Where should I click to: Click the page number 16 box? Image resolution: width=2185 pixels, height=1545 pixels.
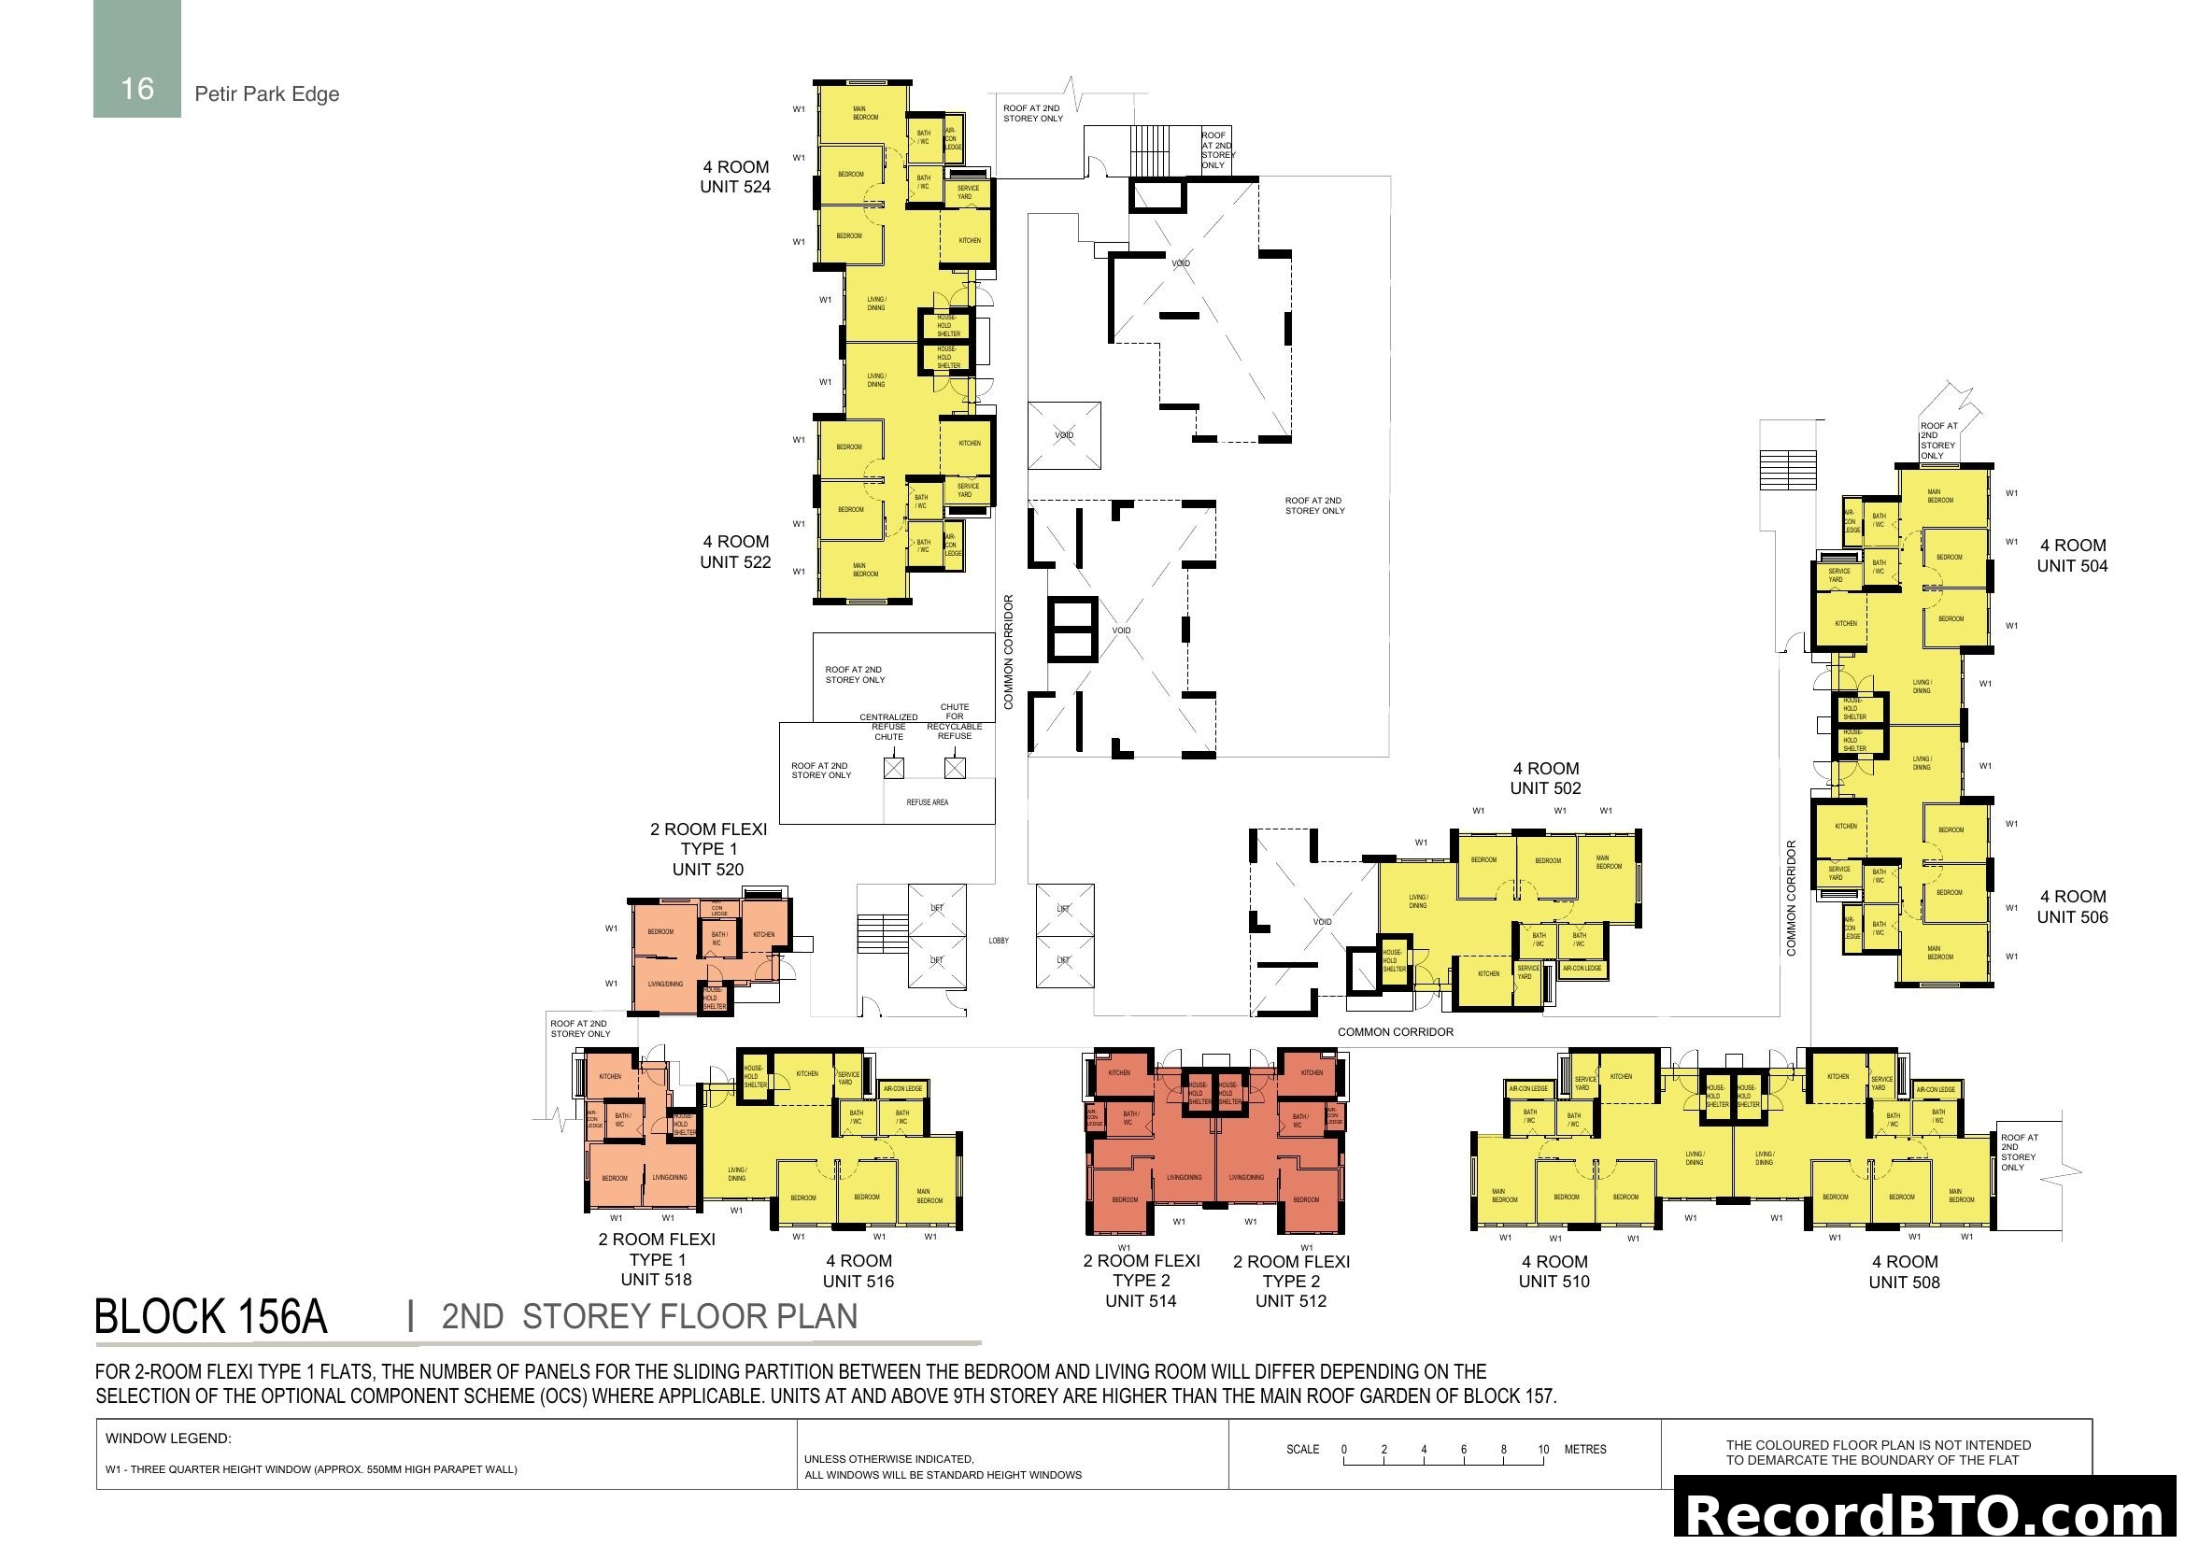137,59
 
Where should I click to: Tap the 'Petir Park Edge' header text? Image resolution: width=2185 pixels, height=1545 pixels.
266,94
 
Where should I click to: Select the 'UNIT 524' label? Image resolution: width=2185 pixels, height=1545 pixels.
734,188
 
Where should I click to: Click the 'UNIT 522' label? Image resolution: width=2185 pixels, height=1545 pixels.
734,562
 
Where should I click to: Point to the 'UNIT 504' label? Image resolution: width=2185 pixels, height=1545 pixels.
2072,566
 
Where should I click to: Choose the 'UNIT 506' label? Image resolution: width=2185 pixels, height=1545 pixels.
2072,917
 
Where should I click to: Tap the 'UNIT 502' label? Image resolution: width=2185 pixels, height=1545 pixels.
1545,788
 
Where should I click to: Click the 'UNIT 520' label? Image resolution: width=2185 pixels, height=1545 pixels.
708,870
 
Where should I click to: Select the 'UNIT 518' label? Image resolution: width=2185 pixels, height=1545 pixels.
656,1280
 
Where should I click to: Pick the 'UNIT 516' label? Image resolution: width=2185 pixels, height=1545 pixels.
858,1282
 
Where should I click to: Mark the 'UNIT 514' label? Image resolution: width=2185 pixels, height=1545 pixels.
1140,1301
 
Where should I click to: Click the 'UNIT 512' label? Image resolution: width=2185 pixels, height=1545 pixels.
1290,1301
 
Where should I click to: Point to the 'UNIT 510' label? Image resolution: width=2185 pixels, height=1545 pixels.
1554,1282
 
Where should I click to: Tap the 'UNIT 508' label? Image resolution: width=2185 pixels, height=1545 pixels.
1903,1283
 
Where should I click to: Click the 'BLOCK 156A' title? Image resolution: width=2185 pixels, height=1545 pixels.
211,1317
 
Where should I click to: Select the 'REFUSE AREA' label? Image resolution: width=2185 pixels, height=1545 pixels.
927,802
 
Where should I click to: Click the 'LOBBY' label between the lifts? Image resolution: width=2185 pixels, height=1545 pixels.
999,941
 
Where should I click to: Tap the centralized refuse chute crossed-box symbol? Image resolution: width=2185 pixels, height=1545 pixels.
893,768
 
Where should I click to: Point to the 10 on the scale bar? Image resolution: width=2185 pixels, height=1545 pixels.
1543,1450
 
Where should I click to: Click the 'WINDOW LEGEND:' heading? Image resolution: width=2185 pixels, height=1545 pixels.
168,1439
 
